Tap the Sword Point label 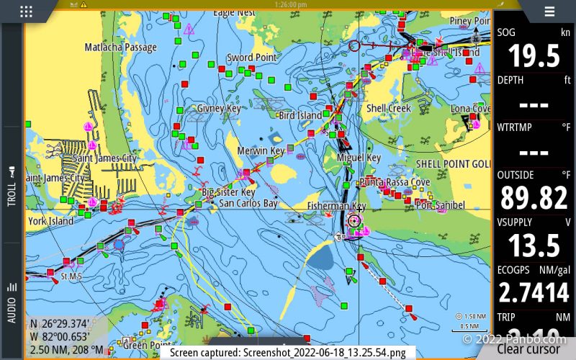251,58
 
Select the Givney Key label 218,109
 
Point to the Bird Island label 300,115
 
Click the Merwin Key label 261,151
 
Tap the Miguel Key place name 359,158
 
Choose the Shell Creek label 389,109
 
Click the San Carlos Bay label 248,204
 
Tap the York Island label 51,222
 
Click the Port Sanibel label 440,207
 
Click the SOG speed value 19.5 534,55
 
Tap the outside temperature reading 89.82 534,197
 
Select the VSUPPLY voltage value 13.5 534,245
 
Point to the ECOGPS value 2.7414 534,292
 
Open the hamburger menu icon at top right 549,11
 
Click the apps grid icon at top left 26,11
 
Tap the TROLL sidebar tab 12,186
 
